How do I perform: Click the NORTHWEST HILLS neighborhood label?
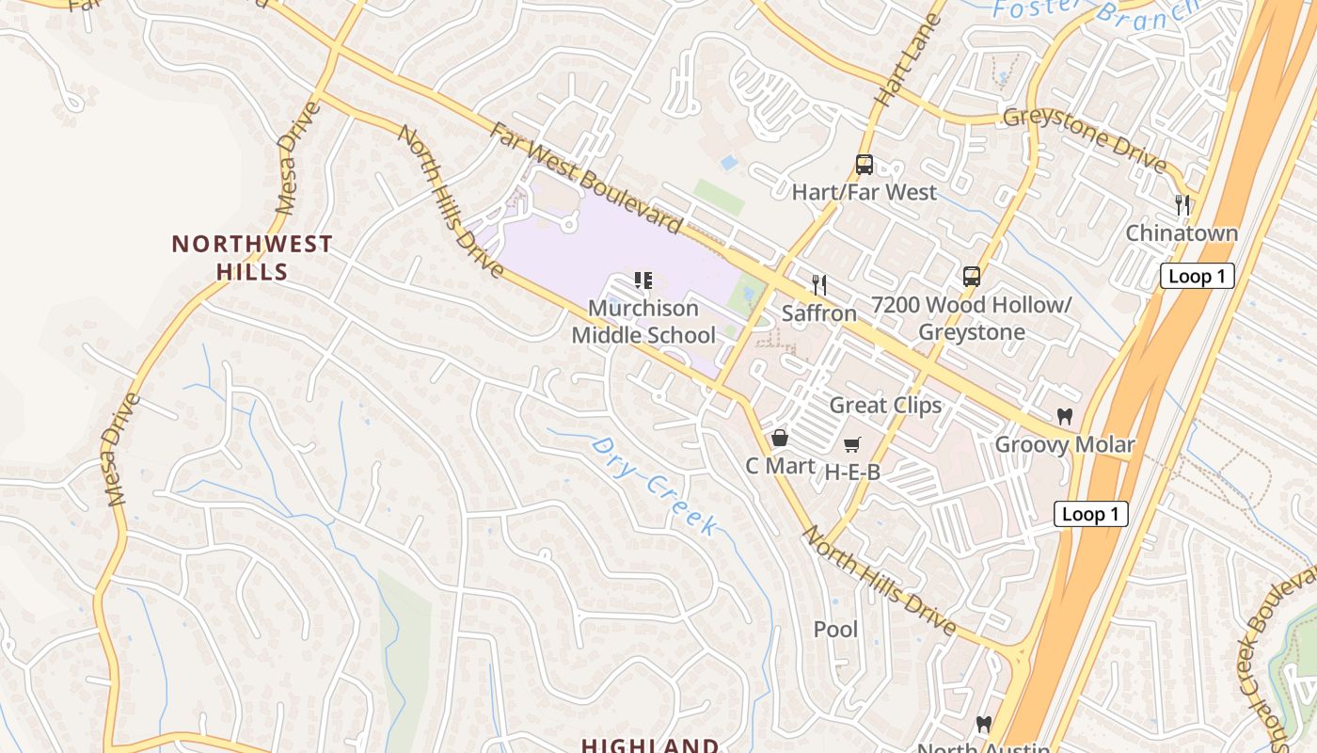tap(251, 258)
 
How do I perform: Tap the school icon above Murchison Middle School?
tap(643, 280)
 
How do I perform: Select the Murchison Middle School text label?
tap(643, 322)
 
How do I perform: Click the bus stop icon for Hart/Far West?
tap(864, 165)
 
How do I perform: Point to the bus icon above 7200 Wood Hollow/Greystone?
tap(971, 277)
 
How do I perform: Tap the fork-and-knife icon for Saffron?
tap(819, 285)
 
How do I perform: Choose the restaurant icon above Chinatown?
tap(1182, 204)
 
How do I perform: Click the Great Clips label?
tap(885, 406)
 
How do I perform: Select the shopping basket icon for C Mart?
tap(779, 438)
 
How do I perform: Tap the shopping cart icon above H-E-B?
tap(851, 444)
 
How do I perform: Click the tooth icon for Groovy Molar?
tap(1065, 416)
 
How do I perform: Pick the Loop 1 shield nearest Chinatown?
tap(1197, 276)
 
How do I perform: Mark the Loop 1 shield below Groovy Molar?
tap(1090, 514)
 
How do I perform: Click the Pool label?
tap(835, 629)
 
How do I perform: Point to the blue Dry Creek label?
tap(655, 486)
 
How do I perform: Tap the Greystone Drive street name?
tap(1085, 141)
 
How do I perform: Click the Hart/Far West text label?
tap(864, 193)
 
